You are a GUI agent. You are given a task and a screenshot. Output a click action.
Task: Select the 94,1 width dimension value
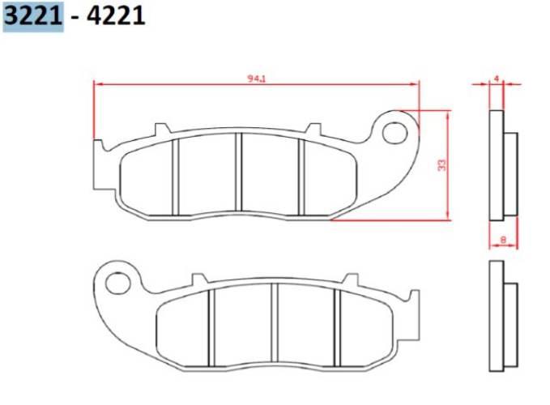(258, 79)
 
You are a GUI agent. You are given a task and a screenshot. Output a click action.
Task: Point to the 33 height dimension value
(441, 164)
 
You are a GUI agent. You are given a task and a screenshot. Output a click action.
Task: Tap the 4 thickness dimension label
(497, 79)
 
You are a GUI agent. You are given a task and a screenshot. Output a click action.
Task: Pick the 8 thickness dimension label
(503, 240)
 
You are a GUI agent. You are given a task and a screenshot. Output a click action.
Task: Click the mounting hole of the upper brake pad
(395, 131)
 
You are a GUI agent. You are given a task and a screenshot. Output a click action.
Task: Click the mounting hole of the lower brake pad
(118, 283)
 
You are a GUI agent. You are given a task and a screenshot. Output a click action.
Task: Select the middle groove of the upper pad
(239, 175)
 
